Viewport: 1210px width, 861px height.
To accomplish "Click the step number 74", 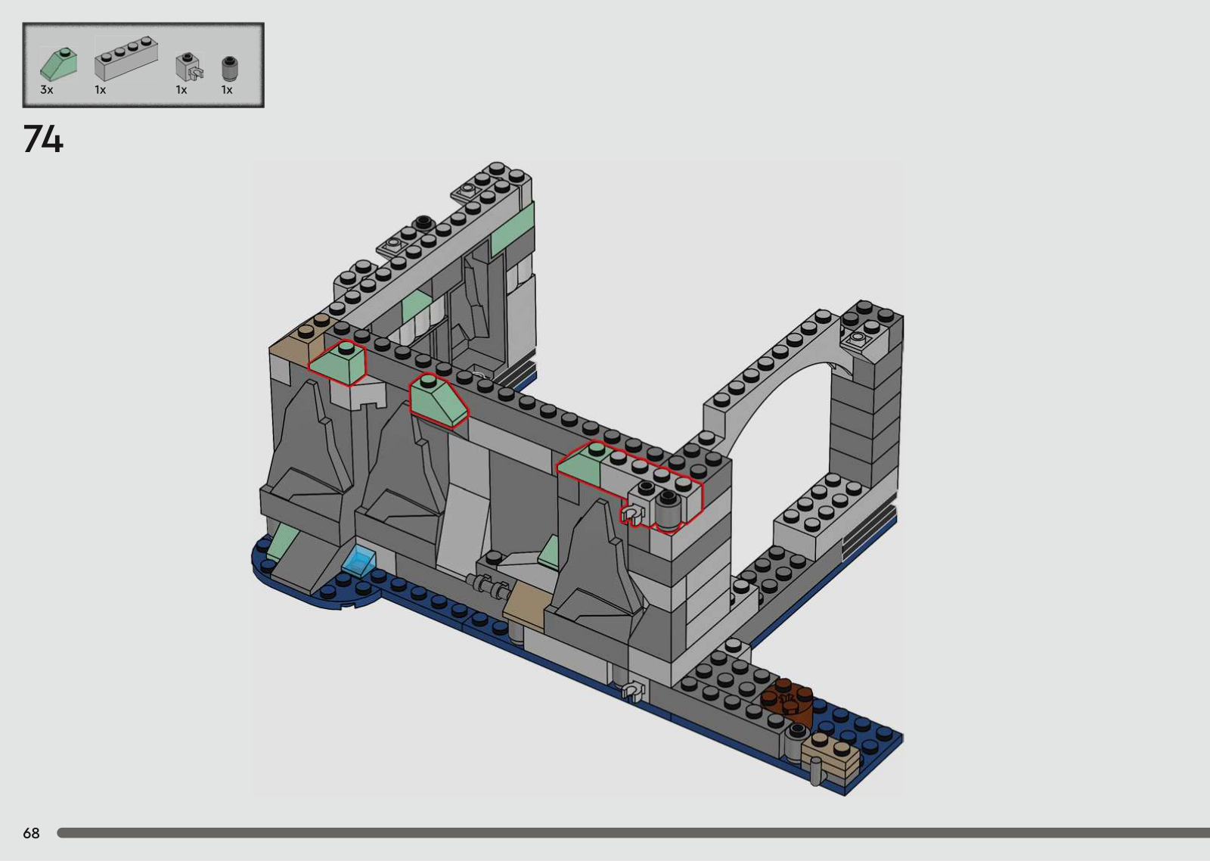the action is tap(43, 139).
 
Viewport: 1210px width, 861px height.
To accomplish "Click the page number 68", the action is tap(31, 833).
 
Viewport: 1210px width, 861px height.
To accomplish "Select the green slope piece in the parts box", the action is tap(59, 64).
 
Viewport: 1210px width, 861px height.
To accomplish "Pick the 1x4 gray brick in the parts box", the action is tap(126, 58).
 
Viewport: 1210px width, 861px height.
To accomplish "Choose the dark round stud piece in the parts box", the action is tap(230, 69).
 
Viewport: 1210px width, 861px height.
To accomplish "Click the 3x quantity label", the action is tap(47, 90).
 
